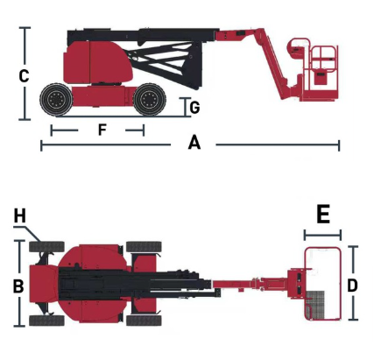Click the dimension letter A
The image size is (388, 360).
194,143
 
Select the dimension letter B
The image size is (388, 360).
18,286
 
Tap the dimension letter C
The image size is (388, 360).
24,76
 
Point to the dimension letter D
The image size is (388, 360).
353,286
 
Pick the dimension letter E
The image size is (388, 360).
323,214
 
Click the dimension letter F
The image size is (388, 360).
102,130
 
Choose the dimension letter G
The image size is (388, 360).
194,108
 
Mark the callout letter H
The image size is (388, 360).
20,216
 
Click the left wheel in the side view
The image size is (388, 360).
56,100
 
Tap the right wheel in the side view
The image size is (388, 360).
150,99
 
